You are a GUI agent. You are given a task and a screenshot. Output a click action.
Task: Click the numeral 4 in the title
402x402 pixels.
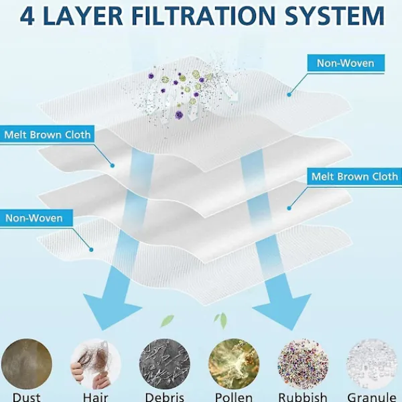tap(27, 16)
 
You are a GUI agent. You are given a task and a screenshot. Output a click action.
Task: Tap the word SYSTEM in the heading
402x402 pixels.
tap(334, 16)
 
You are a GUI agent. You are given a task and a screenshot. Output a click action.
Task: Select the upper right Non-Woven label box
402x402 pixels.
tap(346, 63)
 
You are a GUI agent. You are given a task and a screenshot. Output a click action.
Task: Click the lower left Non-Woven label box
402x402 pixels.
tap(36, 218)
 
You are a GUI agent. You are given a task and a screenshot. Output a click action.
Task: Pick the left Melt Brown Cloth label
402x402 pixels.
tap(47, 135)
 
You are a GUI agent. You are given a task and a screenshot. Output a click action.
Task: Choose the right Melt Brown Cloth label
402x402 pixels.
tap(354, 176)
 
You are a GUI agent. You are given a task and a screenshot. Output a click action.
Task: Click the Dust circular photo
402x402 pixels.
tap(27, 364)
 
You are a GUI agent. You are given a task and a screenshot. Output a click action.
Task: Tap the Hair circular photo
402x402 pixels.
tap(96, 364)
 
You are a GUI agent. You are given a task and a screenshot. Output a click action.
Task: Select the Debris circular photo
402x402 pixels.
tap(165, 364)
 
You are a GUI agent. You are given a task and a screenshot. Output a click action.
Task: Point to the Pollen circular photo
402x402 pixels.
tap(234, 364)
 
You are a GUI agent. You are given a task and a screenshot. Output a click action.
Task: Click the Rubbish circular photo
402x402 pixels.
tap(303, 364)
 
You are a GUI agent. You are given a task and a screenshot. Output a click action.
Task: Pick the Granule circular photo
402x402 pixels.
tap(372, 364)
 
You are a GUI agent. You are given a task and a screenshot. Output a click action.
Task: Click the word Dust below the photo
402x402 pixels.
tap(27, 397)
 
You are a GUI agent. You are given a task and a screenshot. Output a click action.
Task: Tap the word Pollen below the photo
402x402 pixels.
tap(234, 397)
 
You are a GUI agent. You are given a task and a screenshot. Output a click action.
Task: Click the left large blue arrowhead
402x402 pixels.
tap(113, 312)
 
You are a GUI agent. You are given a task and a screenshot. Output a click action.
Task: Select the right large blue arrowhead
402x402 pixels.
tap(282, 312)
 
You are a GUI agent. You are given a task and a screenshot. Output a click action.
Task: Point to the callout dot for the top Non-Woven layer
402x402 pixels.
tap(289, 94)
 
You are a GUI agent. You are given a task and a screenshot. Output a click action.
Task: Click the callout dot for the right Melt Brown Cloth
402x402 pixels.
tap(289, 208)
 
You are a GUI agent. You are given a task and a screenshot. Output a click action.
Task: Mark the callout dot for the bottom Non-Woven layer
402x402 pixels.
tap(91, 249)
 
